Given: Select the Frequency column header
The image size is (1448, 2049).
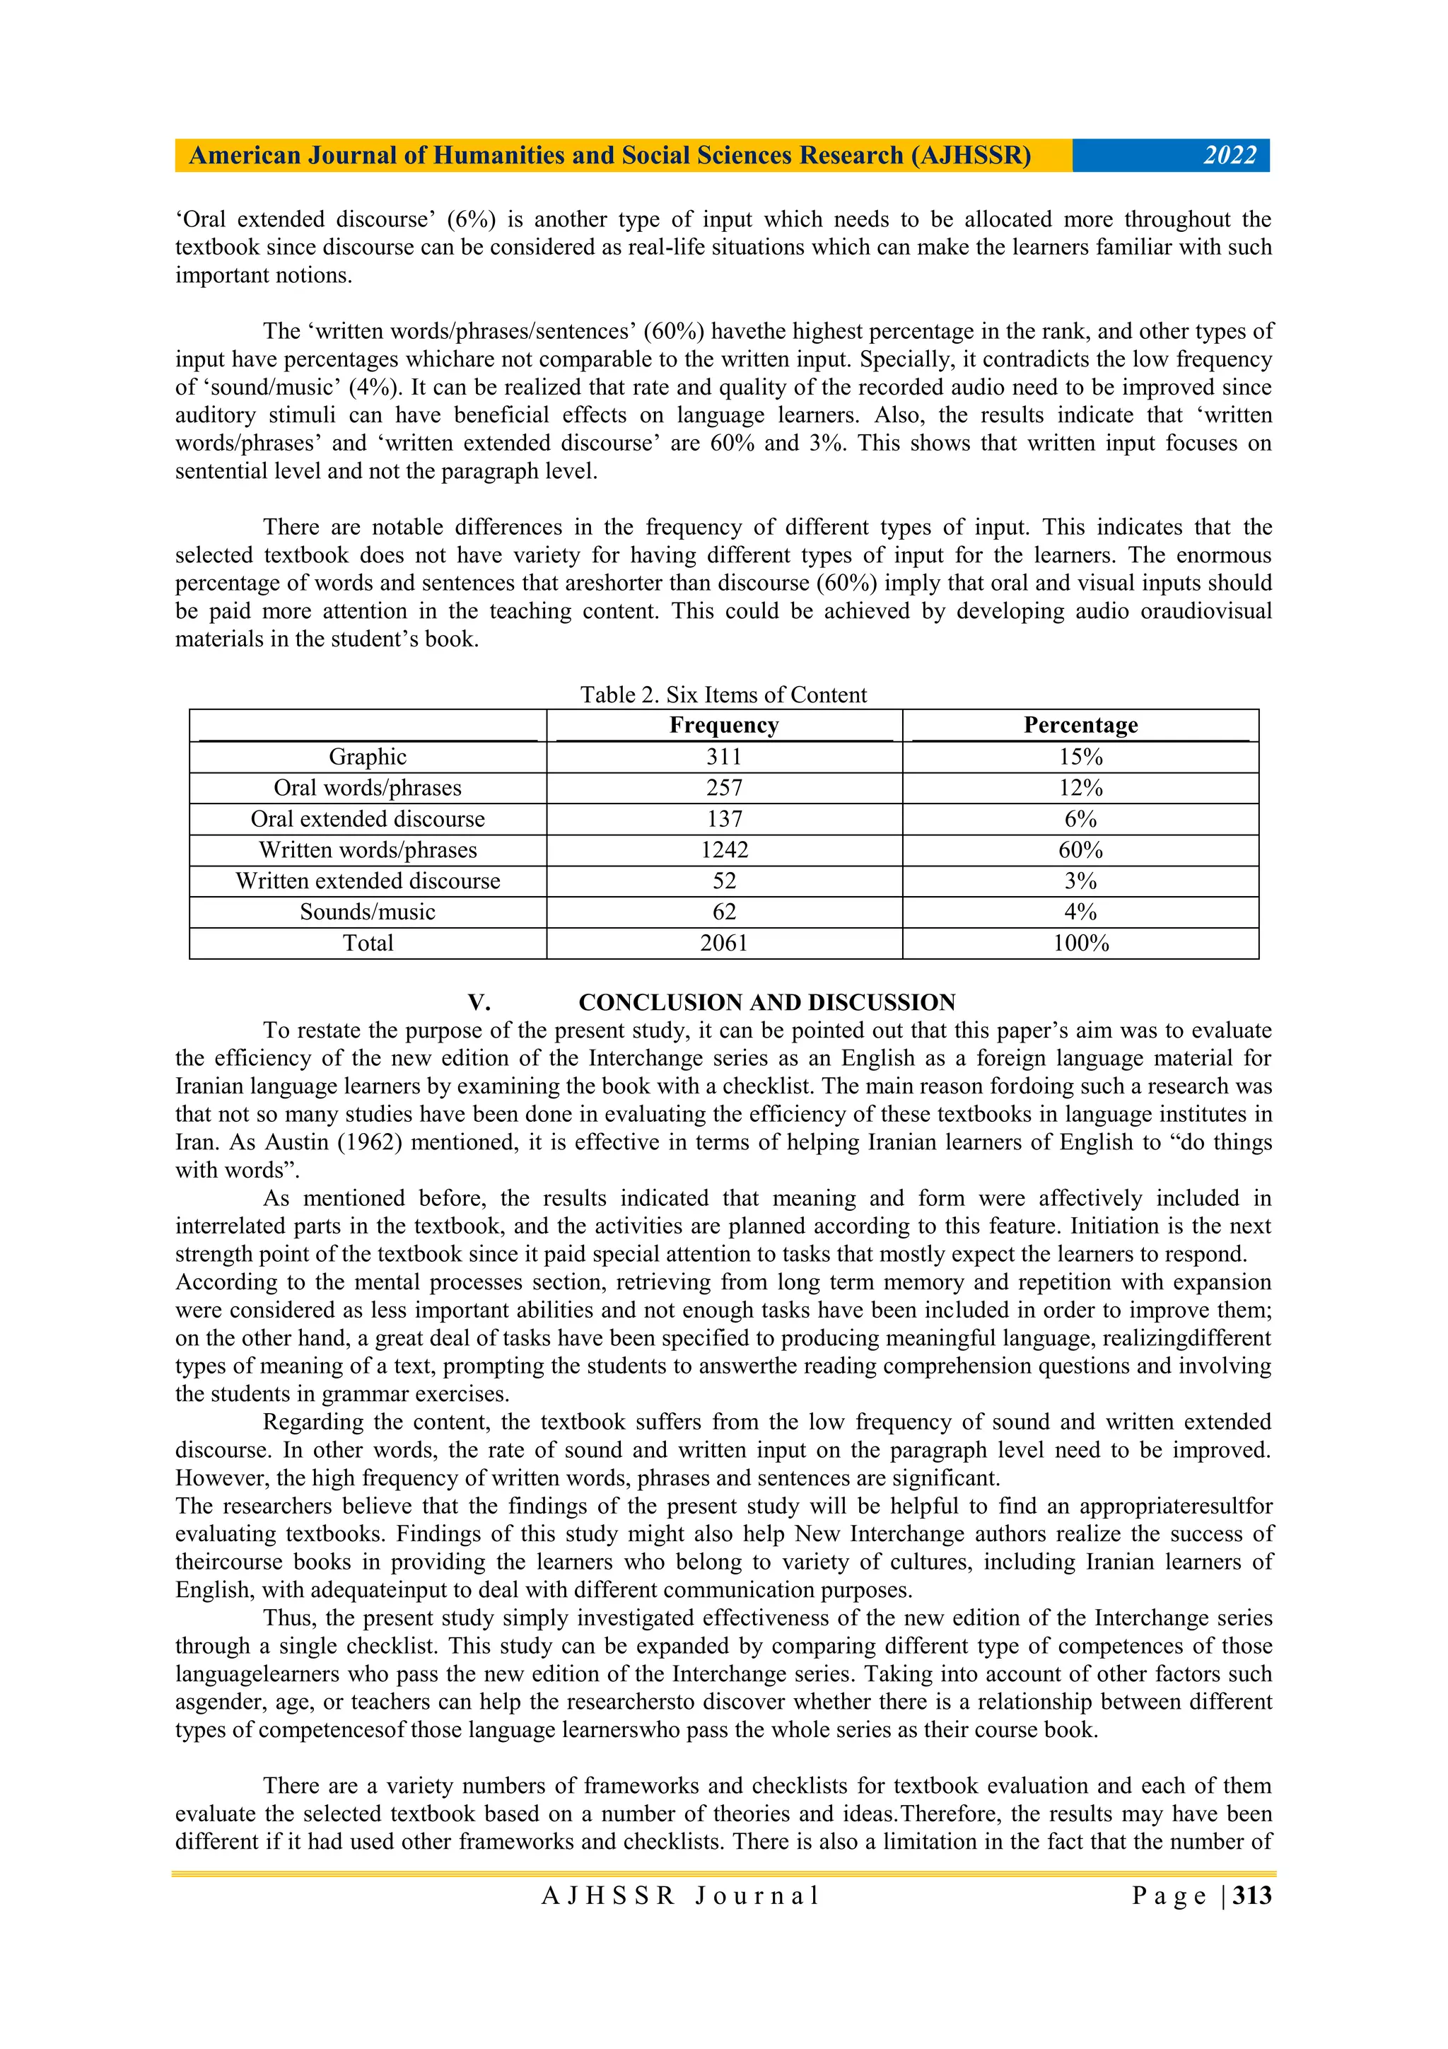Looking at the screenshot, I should pyautogui.click(x=723, y=726).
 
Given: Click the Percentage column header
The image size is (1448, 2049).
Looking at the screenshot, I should pyautogui.click(x=1080, y=726).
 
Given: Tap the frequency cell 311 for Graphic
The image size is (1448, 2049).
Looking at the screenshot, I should pyautogui.click(x=723, y=757).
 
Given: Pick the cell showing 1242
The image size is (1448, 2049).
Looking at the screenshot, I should pyautogui.click(x=723, y=849).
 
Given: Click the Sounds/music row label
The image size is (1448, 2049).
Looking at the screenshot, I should pyautogui.click(x=368, y=912).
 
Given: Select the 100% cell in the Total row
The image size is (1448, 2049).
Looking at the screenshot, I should pyautogui.click(x=1080, y=944).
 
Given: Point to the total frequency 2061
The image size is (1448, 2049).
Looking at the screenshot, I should pyautogui.click(x=723, y=944).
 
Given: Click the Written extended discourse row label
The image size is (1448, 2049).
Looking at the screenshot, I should pyautogui.click(x=368, y=881).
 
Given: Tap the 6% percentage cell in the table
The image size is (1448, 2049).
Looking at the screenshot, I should pyautogui.click(x=1080, y=819).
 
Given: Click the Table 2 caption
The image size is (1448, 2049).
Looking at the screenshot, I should pyautogui.click(x=723, y=695).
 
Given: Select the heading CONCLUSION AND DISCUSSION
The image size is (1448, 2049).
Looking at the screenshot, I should pyautogui.click(x=766, y=1002).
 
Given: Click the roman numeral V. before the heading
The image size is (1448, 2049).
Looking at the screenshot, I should pyautogui.click(x=479, y=1002).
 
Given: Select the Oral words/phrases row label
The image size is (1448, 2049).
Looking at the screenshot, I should pyautogui.click(x=368, y=788).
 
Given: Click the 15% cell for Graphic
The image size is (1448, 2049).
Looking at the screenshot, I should pyautogui.click(x=1080, y=757).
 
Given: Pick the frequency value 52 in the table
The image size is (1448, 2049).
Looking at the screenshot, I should pyautogui.click(x=723, y=881).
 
